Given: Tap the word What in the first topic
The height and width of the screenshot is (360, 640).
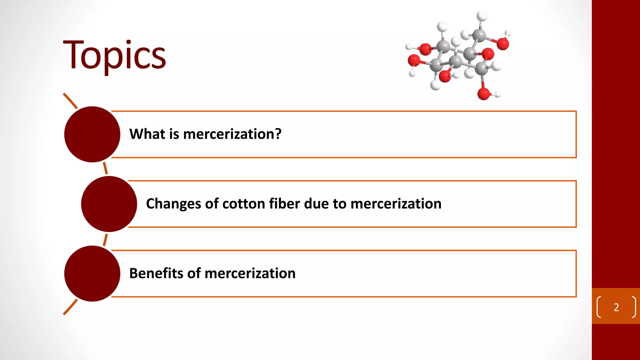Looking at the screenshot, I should point(147,134).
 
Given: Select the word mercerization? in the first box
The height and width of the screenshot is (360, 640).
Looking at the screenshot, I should point(232,134).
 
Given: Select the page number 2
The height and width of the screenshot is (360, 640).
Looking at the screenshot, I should point(616,307).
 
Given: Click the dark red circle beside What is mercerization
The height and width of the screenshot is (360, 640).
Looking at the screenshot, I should point(92,134).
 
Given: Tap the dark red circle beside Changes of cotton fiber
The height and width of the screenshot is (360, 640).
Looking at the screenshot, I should point(109,204).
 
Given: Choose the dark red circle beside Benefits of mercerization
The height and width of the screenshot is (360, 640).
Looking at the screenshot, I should point(92,274).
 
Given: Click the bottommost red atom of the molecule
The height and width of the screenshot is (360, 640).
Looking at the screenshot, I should point(483,94).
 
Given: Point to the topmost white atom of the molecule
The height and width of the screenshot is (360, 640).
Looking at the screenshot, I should point(482,15).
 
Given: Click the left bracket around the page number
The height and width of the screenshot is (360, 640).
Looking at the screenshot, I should point(599,307).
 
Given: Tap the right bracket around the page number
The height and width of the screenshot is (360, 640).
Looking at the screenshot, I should point(634,307).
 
